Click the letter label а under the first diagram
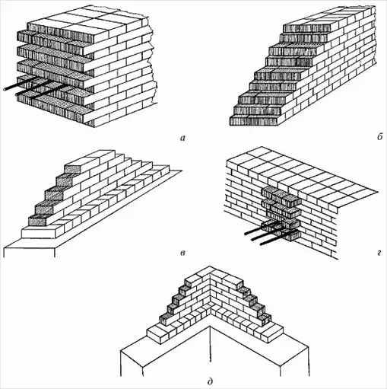pos(182,138)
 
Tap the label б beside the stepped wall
pos(379,137)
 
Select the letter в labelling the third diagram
pos(182,253)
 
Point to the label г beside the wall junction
pos(379,253)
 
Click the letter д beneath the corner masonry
pos(210,381)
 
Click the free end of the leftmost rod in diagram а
pos(5,89)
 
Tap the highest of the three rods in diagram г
pos(256,231)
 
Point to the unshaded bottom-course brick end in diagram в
pos(39,234)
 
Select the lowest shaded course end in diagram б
pos(254,121)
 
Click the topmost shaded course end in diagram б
pos(307,28)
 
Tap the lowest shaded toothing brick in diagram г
pos(292,234)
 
